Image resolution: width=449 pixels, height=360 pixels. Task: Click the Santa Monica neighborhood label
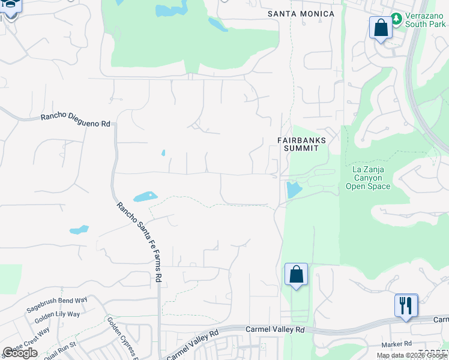pyautogui.click(x=301, y=14)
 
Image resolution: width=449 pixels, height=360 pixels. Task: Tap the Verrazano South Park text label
pyautogui.click(x=425, y=20)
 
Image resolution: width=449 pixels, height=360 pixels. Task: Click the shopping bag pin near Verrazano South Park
pyautogui.click(x=381, y=28)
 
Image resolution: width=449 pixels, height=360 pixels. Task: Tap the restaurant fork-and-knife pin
pyautogui.click(x=406, y=305)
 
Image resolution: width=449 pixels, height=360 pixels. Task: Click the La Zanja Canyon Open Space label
pyautogui.click(x=368, y=178)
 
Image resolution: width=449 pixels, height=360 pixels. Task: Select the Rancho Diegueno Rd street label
pyautogui.click(x=76, y=120)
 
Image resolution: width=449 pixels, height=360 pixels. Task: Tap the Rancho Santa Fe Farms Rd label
pyautogui.click(x=140, y=242)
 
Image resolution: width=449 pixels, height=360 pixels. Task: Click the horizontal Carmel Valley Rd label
pyautogui.click(x=276, y=330)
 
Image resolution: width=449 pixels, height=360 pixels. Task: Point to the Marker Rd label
pyautogui.click(x=396, y=344)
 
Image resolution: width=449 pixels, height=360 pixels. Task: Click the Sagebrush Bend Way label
pyautogui.click(x=57, y=304)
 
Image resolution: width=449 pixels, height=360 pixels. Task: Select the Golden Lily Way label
pyautogui.click(x=57, y=316)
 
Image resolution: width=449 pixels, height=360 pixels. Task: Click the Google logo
pyautogui.click(x=20, y=353)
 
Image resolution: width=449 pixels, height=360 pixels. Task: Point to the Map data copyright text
pyautogui.click(x=412, y=355)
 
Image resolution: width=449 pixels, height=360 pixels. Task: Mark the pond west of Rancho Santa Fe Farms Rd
pyautogui.click(x=79, y=229)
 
